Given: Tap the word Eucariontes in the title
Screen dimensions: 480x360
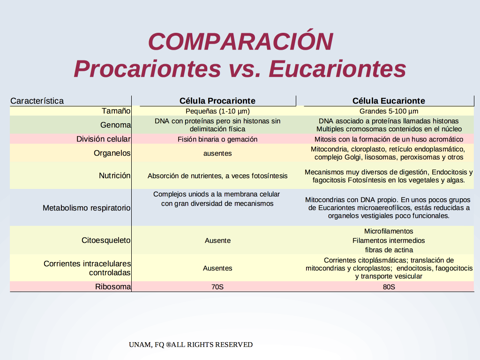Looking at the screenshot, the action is (337, 68).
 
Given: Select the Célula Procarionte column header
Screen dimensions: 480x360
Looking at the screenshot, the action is (217, 101).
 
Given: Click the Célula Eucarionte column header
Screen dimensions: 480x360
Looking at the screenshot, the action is (389, 101).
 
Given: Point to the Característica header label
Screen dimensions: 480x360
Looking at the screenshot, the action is (37, 101).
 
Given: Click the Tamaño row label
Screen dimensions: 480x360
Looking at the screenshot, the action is (116, 111).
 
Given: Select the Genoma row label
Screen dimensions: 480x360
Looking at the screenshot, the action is (115, 125).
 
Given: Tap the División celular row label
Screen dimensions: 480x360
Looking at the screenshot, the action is (104, 139).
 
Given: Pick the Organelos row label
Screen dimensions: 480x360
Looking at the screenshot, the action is (112, 153).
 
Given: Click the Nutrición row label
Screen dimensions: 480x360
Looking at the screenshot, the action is (114, 175).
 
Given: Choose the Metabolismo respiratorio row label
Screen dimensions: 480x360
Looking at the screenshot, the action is (87, 208).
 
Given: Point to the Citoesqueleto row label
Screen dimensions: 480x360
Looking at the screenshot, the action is (106, 240).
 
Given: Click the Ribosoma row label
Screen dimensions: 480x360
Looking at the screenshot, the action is (113, 286).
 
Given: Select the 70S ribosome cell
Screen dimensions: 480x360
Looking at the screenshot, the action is (217, 287).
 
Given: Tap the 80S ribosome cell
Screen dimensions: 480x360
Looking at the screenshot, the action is (389, 287).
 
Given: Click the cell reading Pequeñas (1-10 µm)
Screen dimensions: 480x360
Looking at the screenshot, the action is (217, 111).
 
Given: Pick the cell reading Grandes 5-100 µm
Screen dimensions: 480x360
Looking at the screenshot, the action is (389, 111).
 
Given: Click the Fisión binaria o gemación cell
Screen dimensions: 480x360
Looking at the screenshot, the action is (217, 139).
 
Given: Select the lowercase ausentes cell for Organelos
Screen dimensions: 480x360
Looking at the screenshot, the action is (217, 153).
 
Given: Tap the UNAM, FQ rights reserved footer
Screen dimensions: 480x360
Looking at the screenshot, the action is (191, 345).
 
